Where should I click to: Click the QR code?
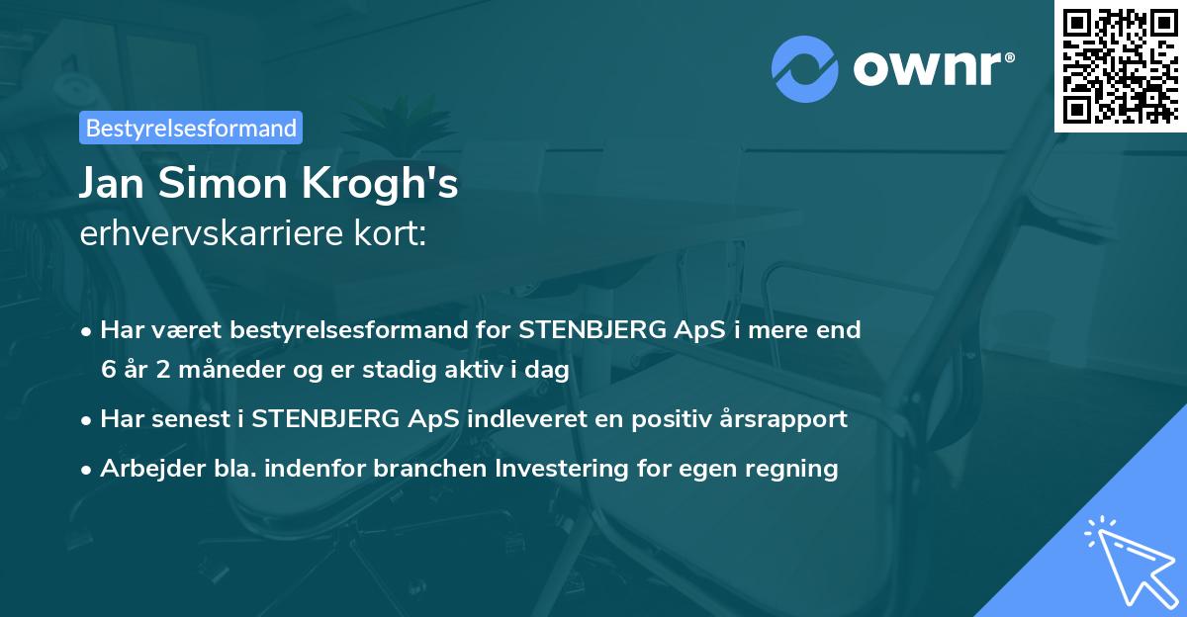click(1121, 65)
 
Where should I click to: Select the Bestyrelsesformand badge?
click(191, 128)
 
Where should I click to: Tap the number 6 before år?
click(108, 369)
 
